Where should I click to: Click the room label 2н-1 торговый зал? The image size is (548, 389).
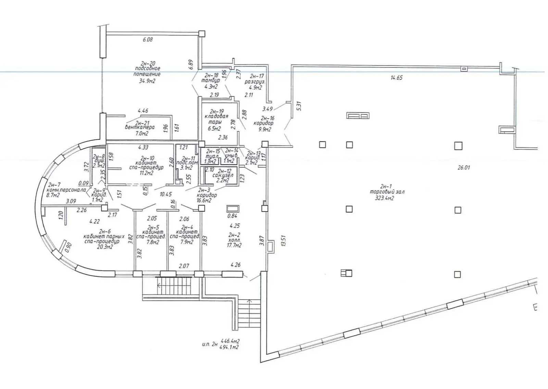[387, 189]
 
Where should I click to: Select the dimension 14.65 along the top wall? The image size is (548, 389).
[396, 78]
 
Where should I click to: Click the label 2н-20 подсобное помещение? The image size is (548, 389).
[148, 69]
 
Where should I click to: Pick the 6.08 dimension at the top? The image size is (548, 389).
[148, 39]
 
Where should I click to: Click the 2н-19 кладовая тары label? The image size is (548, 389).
[216, 117]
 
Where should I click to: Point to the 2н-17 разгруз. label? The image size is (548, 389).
[253, 82]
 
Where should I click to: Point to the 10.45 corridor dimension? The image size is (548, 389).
[166, 194]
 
